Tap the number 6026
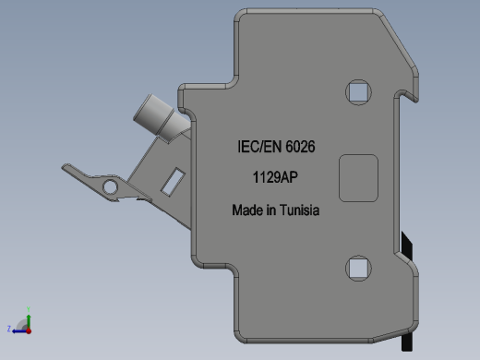click(x=300, y=147)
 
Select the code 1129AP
click(x=275, y=177)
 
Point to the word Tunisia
click(x=300, y=210)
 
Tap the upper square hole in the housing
click(x=358, y=92)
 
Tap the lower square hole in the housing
click(x=358, y=268)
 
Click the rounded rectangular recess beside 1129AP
click(x=358, y=178)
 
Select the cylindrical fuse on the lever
click(x=161, y=119)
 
